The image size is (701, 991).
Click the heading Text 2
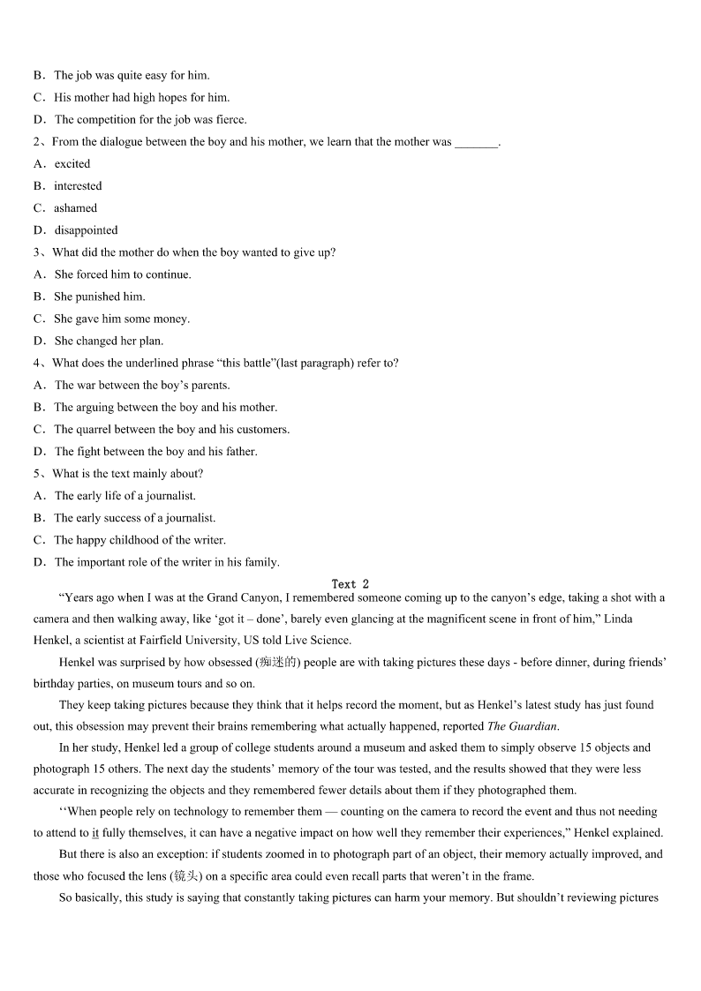350,584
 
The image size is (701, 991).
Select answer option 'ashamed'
75,208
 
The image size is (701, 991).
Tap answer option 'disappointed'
86,230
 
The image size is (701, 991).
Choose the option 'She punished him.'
99,297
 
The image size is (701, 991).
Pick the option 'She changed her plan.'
109,341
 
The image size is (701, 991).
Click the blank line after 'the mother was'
477,142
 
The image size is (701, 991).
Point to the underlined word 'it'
95,832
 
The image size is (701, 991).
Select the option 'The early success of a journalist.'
134,518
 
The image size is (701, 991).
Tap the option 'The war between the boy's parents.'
141,385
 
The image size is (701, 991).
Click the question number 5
37,474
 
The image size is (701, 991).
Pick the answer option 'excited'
72,164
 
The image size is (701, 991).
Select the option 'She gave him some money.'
121,319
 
